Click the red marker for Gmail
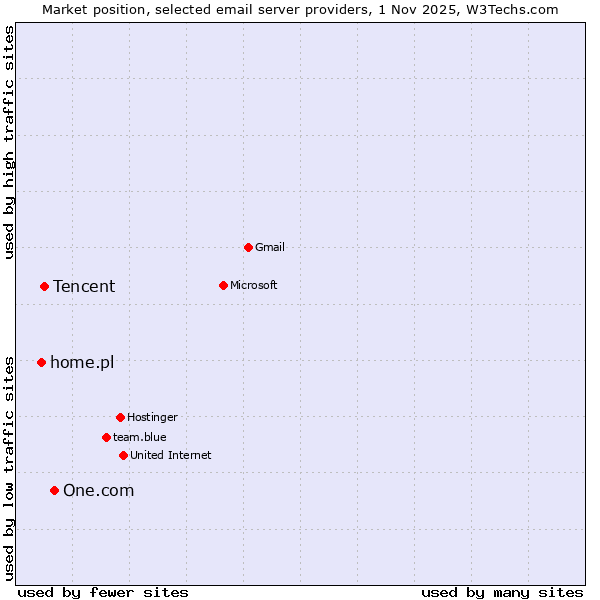point(248,247)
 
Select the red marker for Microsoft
point(223,285)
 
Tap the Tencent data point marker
point(44,286)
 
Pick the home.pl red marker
point(41,362)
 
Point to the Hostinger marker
point(120,417)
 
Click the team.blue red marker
point(106,437)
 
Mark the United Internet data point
point(123,455)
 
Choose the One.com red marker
point(54,490)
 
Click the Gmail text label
point(270,247)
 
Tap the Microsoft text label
point(253,285)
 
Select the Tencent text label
point(84,286)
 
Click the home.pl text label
point(82,362)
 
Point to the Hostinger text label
point(152,417)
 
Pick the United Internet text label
point(170,455)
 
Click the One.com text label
point(98,490)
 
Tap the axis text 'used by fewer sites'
point(103,592)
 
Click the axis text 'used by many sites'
point(502,592)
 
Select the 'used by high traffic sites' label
point(10,142)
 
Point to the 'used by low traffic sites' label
point(10,467)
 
